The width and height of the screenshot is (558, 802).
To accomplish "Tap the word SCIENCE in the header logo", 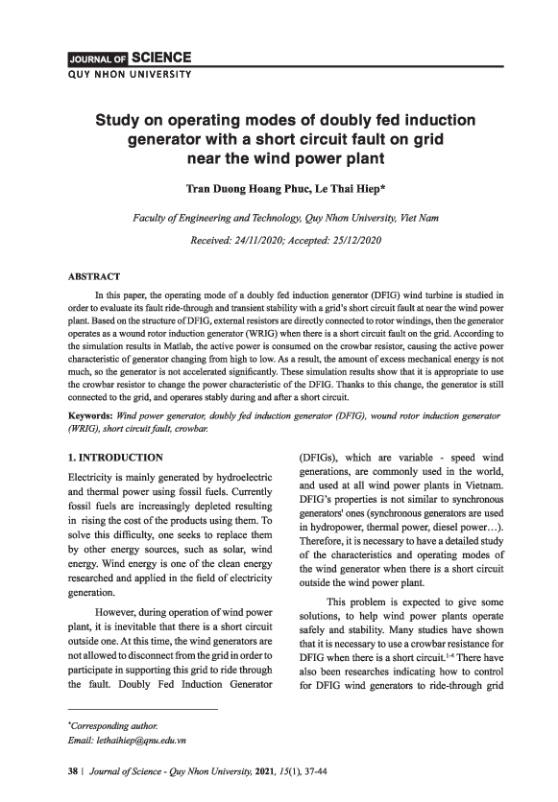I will pos(154,58).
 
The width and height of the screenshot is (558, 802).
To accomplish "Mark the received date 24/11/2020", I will pos(272,239).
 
